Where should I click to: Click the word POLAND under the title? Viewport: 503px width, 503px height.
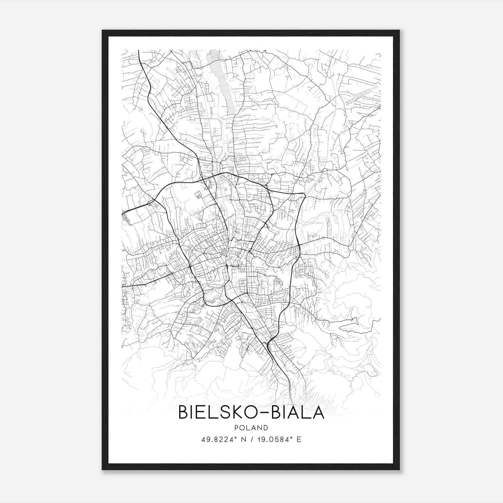tap(251, 428)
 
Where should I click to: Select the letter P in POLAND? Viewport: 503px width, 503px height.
tap(236, 428)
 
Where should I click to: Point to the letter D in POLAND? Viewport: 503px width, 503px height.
tap(266, 428)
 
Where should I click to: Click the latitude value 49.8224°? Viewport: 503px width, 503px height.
tap(219, 439)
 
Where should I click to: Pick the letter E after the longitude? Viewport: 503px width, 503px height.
tap(299, 439)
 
